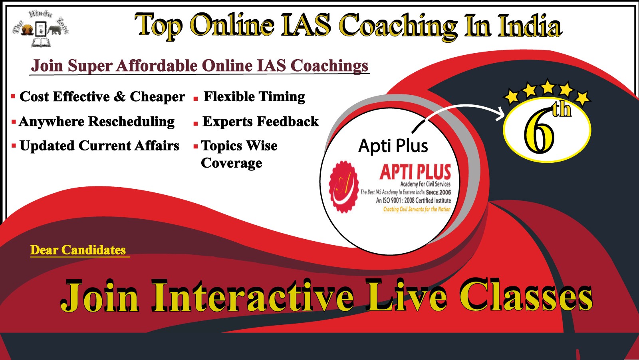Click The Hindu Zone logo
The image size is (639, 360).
pyautogui.click(x=40, y=28)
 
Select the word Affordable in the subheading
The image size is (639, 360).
pyautogui.click(x=156, y=66)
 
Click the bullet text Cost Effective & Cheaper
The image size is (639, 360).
pyautogui.click(x=102, y=96)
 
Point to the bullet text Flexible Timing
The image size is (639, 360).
pyautogui.click(x=254, y=97)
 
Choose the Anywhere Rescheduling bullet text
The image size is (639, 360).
pyautogui.click(x=97, y=122)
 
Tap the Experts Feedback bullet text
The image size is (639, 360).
pyautogui.click(x=260, y=122)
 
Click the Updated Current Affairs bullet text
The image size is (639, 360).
pyautogui.click(x=99, y=146)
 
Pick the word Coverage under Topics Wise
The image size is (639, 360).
pyautogui.click(x=231, y=163)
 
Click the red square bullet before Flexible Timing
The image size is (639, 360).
pyautogui.click(x=196, y=99)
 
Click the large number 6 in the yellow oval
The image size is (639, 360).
pyautogui.click(x=539, y=134)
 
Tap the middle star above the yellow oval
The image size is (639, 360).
pyautogui.click(x=548, y=87)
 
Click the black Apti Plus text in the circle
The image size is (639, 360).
pyautogui.click(x=393, y=146)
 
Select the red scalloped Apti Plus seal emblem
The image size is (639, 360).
pyautogui.click(x=343, y=187)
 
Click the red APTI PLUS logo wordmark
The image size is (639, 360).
pyautogui.click(x=415, y=172)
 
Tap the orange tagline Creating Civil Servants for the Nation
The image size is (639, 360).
pyautogui.click(x=417, y=209)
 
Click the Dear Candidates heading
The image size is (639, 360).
pyautogui.click(x=78, y=250)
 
